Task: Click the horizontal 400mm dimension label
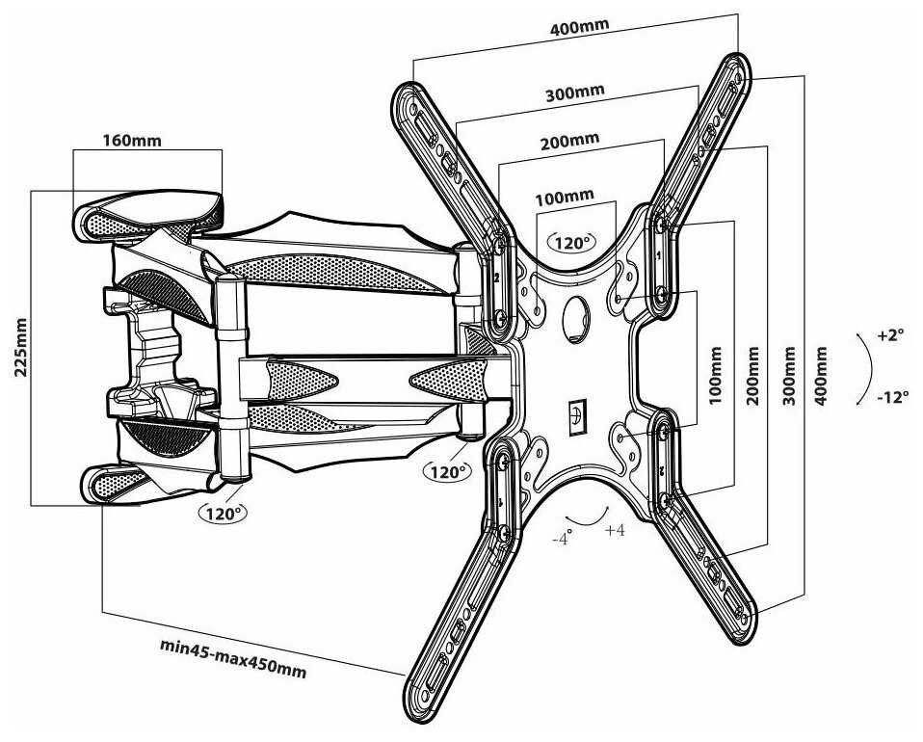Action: pyautogui.click(x=579, y=25)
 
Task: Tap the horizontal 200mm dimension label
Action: pyautogui.click(x=569, y=142)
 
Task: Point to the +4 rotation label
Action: pyautogui.click(x=615, y=531)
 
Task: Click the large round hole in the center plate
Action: pyautogui.click(x=577, y=315)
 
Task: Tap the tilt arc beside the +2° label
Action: pyautogui.click(x=867, y=367)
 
